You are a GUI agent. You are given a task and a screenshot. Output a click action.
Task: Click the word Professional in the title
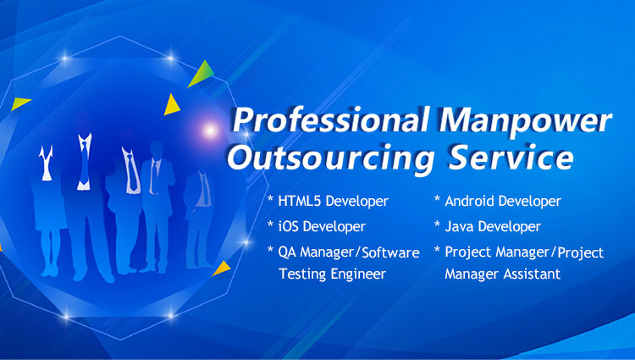330,120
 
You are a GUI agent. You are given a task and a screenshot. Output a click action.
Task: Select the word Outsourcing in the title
330,158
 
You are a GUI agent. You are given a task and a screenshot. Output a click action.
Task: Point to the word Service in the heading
511,157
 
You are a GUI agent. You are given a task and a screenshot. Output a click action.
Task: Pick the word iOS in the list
288,226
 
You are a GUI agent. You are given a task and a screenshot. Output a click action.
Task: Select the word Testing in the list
302,274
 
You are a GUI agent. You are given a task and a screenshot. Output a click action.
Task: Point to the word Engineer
358,274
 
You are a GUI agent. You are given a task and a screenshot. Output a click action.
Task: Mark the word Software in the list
390,252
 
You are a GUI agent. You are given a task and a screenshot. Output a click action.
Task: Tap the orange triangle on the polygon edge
222,268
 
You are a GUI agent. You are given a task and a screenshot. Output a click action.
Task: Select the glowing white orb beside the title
210,130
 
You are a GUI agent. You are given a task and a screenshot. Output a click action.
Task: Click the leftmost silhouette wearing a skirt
47,211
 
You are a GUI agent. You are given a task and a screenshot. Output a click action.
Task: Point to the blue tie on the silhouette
84,163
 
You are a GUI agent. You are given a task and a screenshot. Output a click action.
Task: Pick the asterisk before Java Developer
437,224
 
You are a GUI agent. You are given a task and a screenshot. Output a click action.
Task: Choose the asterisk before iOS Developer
270,224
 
